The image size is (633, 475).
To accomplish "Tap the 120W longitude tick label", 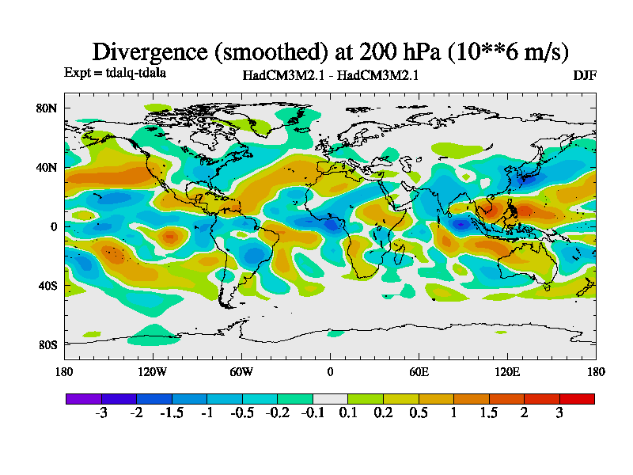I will click(152, 372).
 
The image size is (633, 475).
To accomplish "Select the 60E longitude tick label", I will click(419, 372).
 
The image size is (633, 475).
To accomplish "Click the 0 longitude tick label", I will click(330, 372).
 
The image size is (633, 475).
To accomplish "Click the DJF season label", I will click(585, 75).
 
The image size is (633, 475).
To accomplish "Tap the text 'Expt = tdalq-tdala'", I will click(115, 73).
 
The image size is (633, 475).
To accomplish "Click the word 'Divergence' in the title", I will click(150, 52).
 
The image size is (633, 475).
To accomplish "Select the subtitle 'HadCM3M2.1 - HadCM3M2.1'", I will click(330, 76).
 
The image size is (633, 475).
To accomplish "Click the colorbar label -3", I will click(101, 413).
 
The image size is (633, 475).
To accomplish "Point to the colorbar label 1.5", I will click(489, 413).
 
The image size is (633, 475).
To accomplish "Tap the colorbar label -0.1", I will click(313, 413).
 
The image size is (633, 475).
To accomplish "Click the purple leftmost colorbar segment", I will click(83, 398).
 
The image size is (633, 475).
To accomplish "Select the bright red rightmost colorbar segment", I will click(577, 398).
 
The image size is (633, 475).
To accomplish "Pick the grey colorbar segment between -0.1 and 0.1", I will click(330, 398).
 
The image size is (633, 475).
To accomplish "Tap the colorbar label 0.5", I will click(419, 413).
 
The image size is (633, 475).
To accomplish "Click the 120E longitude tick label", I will click(506, 372).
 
